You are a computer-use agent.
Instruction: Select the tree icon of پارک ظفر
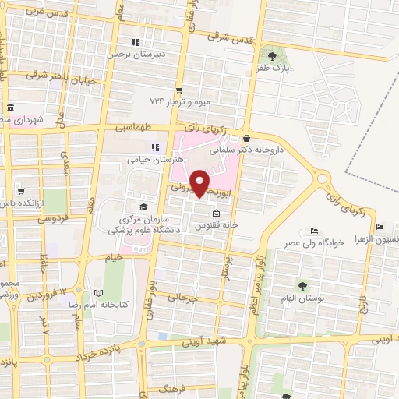tap(272, 55)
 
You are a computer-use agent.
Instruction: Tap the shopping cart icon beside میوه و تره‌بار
tap(179, 90)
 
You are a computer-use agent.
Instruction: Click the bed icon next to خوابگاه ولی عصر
tap(314, 231)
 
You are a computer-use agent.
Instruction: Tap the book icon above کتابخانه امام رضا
tap(98, 292)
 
